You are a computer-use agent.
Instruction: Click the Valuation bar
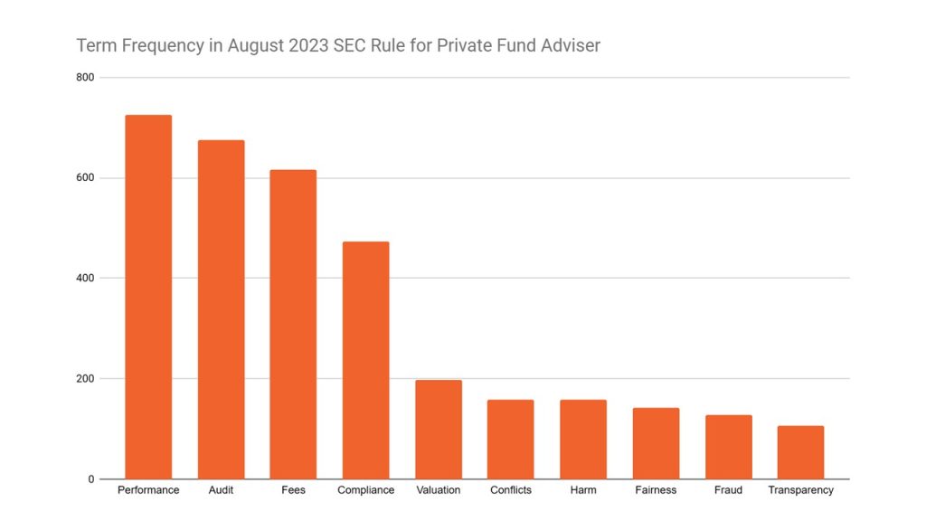click(439, 429)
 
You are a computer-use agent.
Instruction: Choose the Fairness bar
click(656, 443)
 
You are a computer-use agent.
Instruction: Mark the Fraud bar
click(728, 447)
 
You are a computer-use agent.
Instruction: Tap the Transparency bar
click(800, 452)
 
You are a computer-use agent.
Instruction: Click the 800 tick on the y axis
click(85, 78)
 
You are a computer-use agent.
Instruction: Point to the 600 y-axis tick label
click(85, 178)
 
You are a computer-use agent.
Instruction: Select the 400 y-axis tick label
click(85, 279)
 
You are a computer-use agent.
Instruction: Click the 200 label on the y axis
click(85, 379)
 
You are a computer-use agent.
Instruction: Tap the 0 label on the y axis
click(90, 479)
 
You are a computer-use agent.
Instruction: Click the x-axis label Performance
click(148, 490)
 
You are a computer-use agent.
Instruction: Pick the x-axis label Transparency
click(800, 490)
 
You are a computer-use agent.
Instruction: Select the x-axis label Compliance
click(365, 490)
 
